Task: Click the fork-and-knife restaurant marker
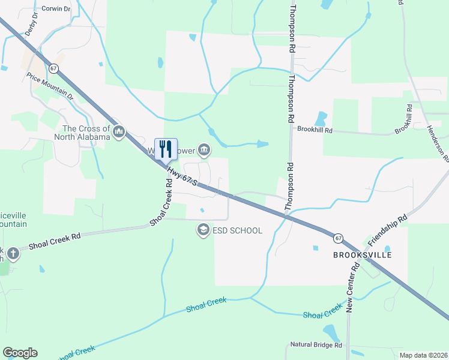tap(166, 149)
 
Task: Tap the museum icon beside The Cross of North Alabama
tap(119, 132)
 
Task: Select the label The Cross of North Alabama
tap(86, 133)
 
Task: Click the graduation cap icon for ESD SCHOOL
tap(203, 230)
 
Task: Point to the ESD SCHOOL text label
tap(237, 230)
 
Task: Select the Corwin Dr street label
tap(57, 9)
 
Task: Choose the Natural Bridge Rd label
tap(316, 345)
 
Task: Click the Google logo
tap(20, 353)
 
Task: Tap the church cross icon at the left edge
tap(13, 254)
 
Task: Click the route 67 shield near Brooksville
tap(338, 238)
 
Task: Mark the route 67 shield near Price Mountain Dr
tap(53, 69)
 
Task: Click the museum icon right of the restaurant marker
tap(204, 149)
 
